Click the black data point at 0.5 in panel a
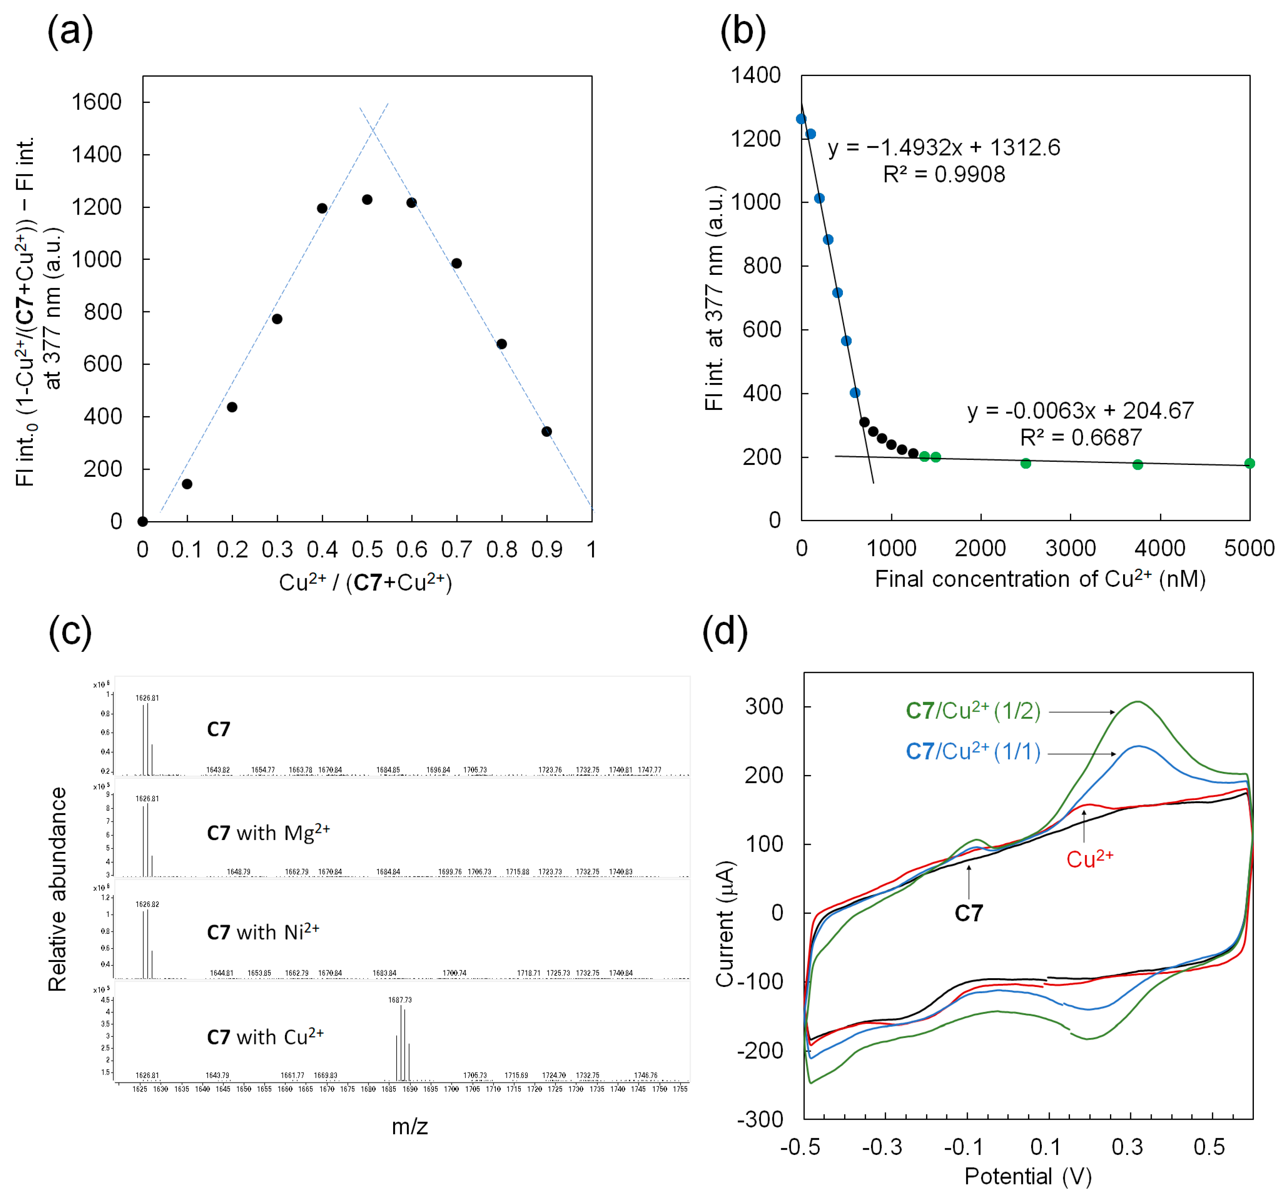tap(367, 200)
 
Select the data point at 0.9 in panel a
tap(546, 431)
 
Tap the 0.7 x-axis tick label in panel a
tap(457, 550)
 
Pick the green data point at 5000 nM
tap(1249, 463)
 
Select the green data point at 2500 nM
tap(1026, 463)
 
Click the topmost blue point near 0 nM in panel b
tap(802, 119)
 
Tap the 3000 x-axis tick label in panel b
tap(1070, 548)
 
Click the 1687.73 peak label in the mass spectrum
tap(400, 1000)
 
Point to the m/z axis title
tap(409, 1126)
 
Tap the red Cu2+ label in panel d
tap(1089, 859)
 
